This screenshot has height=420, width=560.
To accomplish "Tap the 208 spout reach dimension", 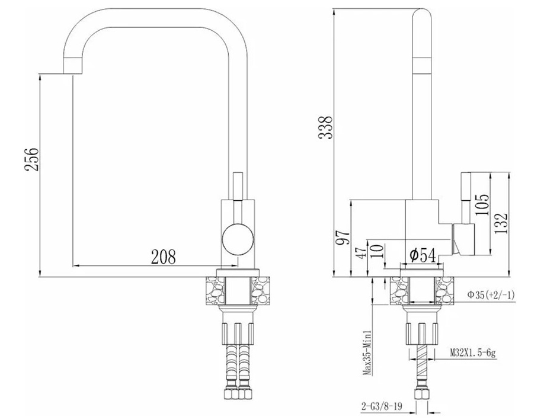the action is pos(164,257).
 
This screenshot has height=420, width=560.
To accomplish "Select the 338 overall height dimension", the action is pos(326,127).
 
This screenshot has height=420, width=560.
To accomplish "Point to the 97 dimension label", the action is pos(344,237).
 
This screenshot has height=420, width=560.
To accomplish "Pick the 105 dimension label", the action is pos(482,204).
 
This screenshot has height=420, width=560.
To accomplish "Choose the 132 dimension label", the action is pos(501,223).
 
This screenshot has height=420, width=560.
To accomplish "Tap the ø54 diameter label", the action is pos(423,255).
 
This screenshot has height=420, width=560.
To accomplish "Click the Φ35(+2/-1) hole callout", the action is pos(491,294).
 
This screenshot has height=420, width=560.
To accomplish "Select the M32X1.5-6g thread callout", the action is pos(473,353).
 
